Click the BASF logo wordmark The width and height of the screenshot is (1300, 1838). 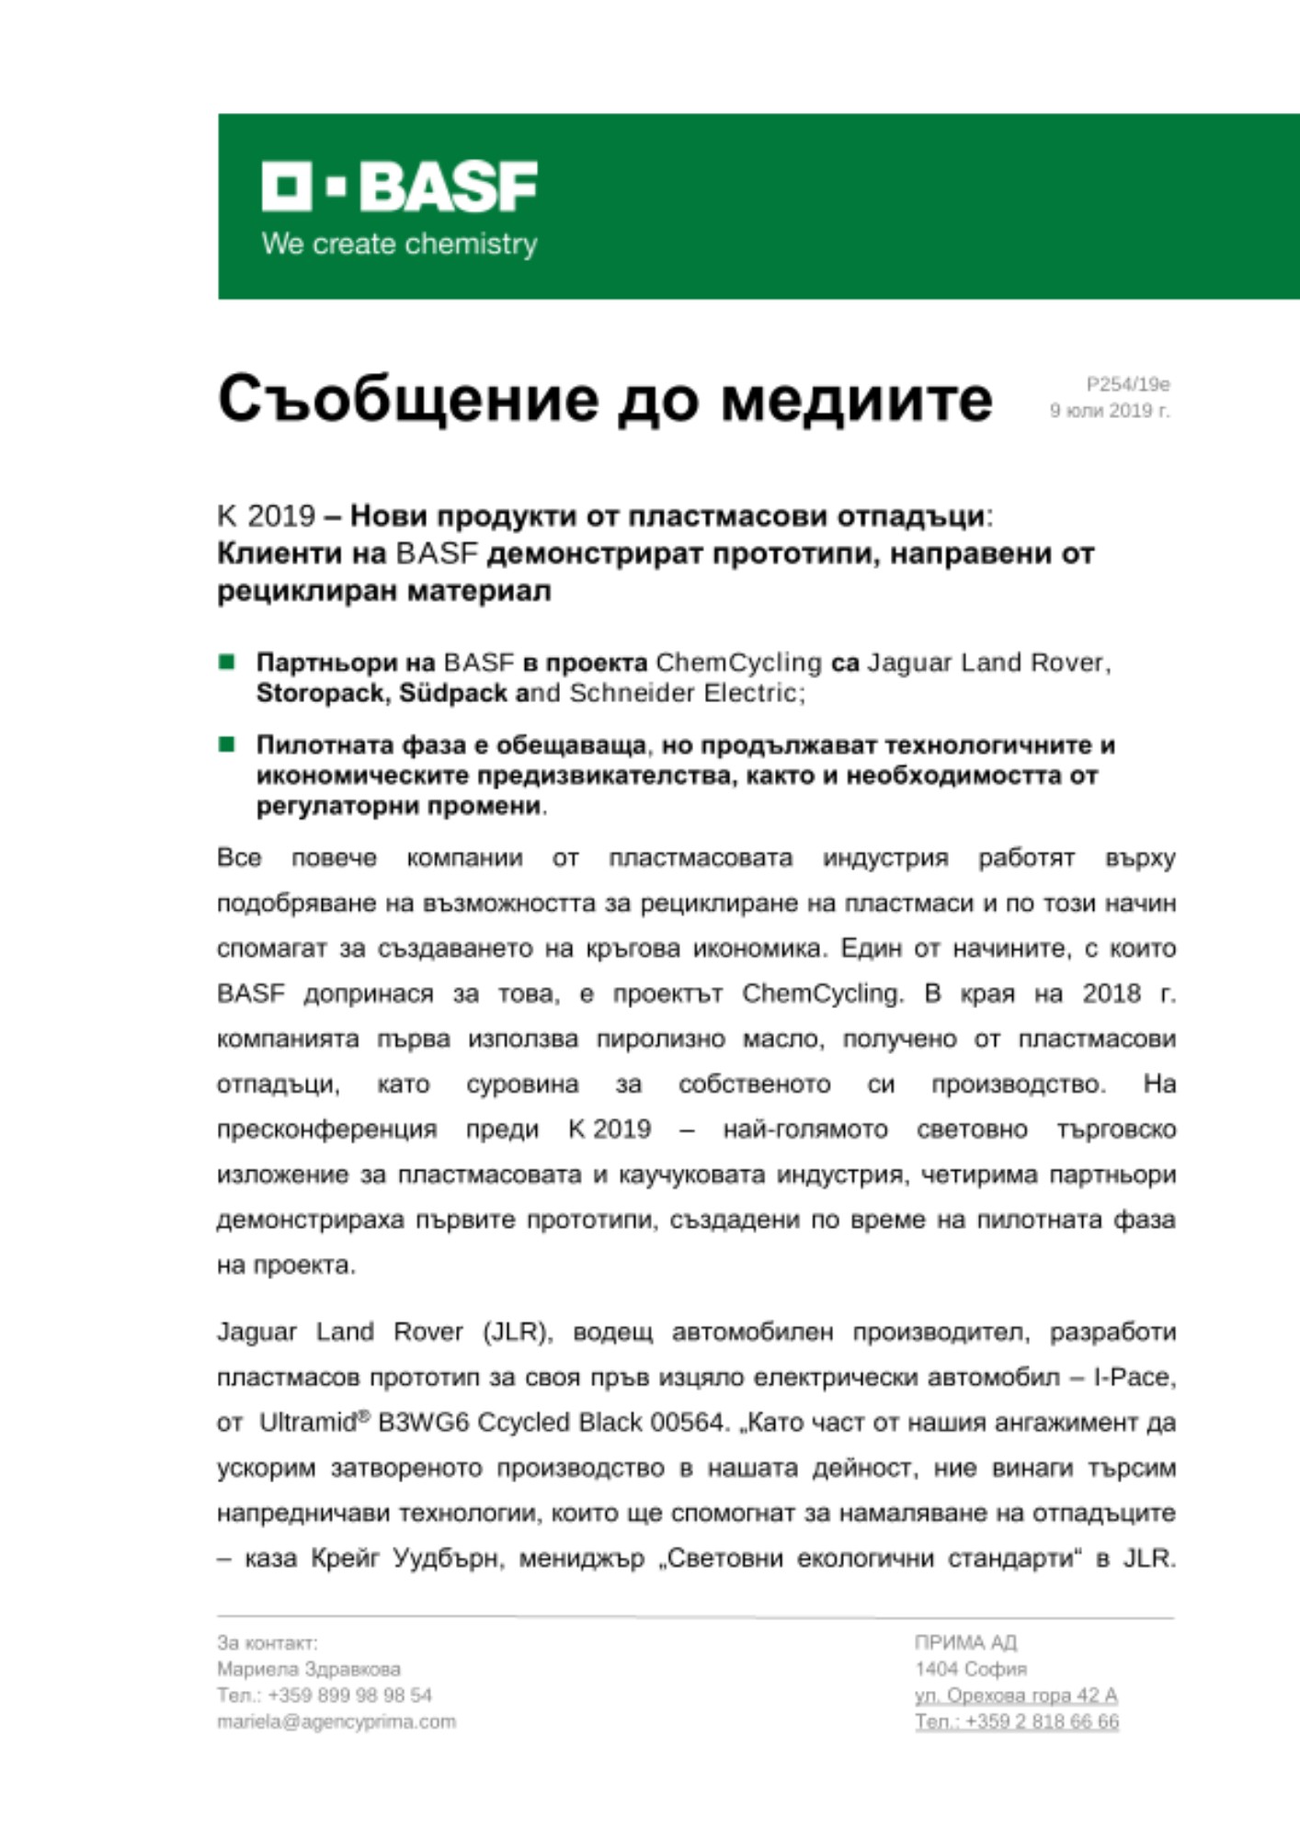399,187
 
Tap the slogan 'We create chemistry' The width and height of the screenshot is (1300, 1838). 399,244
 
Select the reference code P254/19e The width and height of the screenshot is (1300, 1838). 1127,384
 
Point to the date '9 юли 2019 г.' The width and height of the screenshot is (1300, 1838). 1110,411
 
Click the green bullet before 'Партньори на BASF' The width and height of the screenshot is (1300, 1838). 226,662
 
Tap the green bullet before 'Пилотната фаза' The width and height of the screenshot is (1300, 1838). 226,743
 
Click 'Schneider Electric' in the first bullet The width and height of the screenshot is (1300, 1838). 684,693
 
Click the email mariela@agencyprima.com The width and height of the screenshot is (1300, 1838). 336,1721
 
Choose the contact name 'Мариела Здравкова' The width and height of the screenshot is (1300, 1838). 309,1669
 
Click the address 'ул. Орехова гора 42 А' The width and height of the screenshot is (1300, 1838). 1016,1695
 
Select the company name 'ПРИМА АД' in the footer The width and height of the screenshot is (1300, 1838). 965,1642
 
